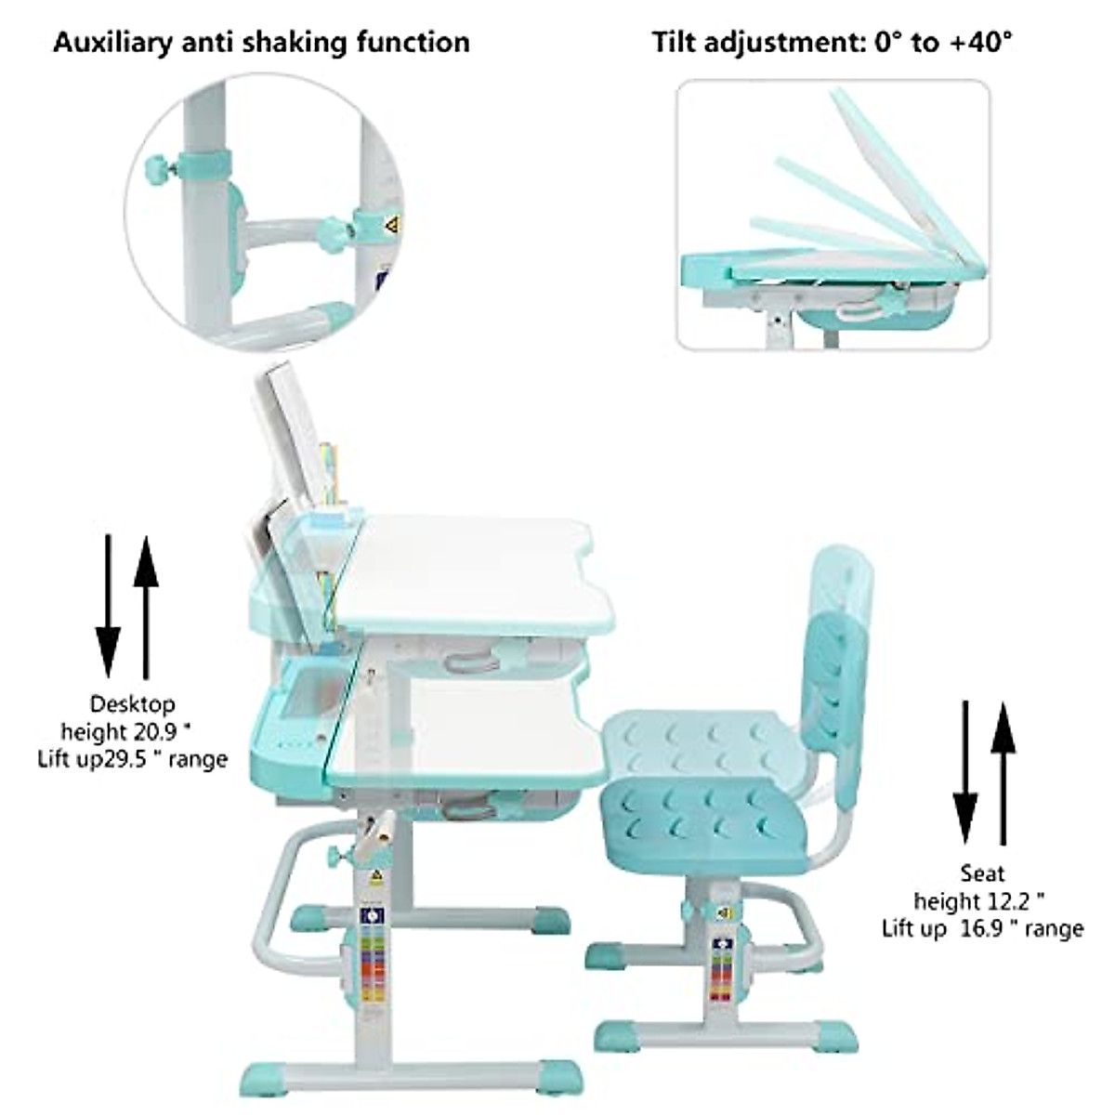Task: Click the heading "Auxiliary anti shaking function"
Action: click(261, 42)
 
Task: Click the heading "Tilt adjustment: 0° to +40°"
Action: click(832, 42)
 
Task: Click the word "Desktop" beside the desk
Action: click(132, 704)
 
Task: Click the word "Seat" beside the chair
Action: click(982, 873)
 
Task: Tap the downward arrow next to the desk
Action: click(108, 604)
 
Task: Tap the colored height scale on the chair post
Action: click(721, 966)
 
